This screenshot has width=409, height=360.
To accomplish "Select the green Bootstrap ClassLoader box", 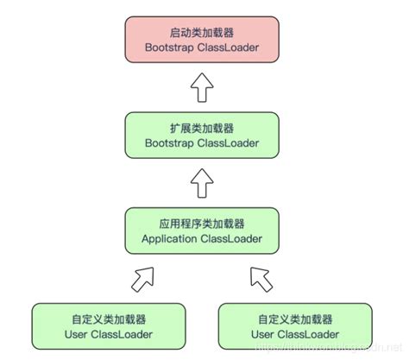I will coord(201,135).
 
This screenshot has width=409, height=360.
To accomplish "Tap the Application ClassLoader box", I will coord(201,231).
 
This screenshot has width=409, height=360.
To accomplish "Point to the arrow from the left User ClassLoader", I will coord(143,278).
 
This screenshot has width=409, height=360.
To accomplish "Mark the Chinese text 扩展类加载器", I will coord(201,126).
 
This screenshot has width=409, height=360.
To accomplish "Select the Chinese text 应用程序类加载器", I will coord(201,222).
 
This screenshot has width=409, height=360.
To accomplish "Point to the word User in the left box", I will coord(77,333).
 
